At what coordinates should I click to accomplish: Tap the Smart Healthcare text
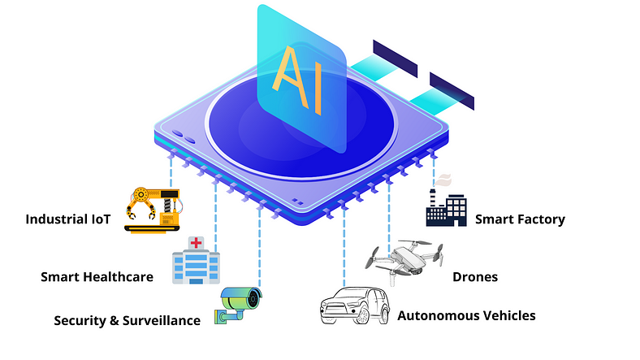click(97, 277)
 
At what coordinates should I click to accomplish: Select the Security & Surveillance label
click(127, 320)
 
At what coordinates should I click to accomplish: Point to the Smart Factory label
click(520, 219)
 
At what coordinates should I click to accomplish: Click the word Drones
click(475, 277)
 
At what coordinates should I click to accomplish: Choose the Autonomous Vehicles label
click(466, 315)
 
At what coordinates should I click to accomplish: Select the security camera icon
click(238, 306)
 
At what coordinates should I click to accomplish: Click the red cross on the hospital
click(196, 243)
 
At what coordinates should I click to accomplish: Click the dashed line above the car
click(345, 252)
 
